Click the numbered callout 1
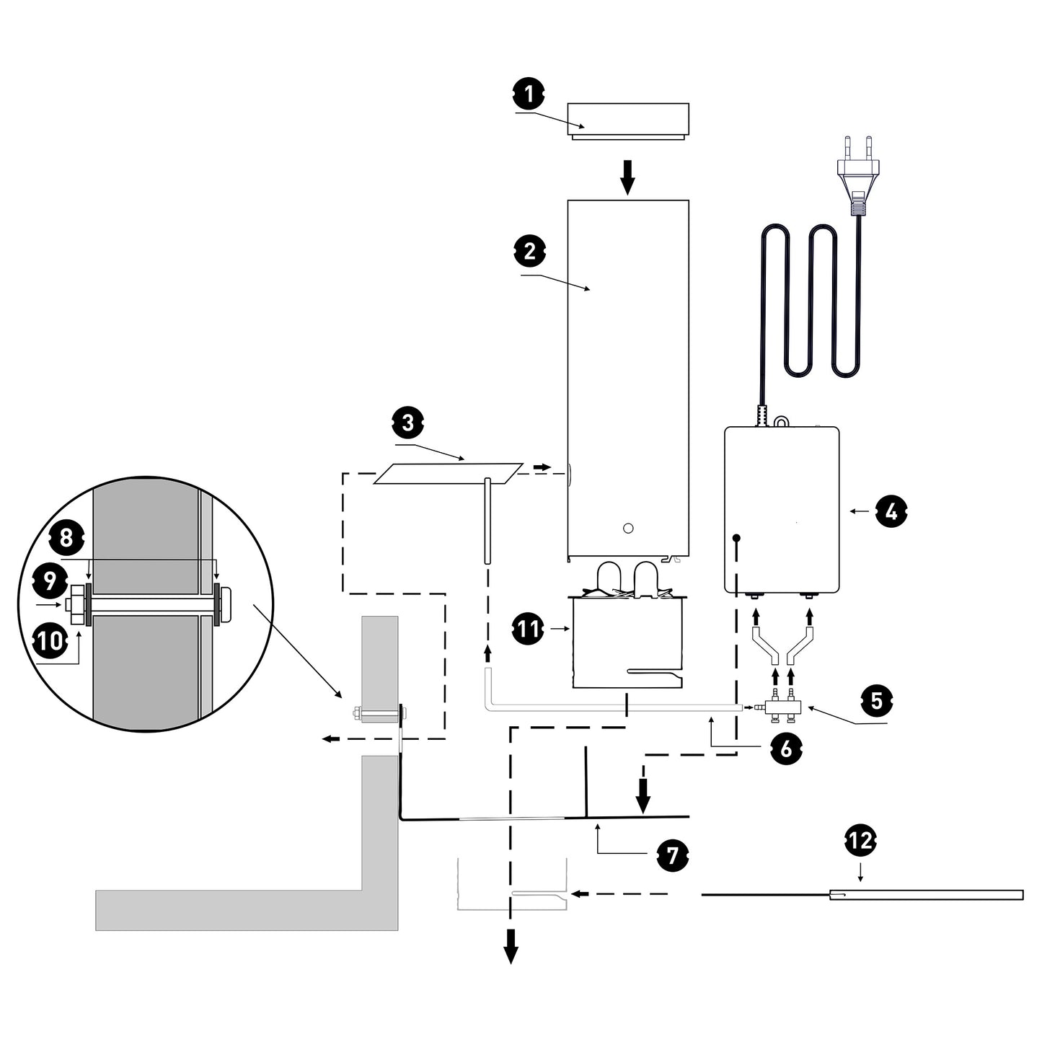coord(529,94)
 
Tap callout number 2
coord(530,252)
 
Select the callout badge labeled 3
coord(408,423)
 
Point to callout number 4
coord(891,512)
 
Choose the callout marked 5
coord(877,700)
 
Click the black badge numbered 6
coord(786,749)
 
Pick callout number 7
coord(673,855)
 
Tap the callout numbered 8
coord(66,537)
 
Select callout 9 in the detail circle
coord(50,580)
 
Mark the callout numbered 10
coord(51,641)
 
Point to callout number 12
coord(860,840)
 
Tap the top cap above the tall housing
coord(627,120)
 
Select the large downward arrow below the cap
coord(628,177)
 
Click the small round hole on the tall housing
coord(627,529)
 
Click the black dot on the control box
coord(737,537)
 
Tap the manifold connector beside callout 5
coord(782,709)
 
